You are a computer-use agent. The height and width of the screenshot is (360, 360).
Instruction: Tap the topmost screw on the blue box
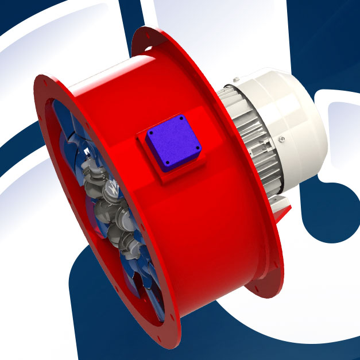click(x=181, y=118)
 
